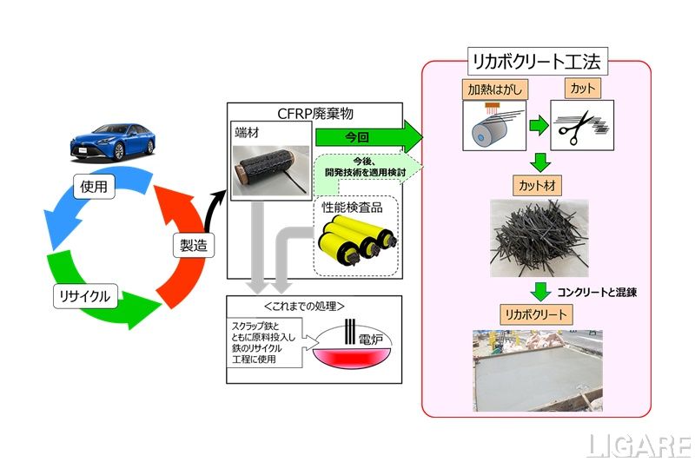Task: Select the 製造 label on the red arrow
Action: click(193, 246)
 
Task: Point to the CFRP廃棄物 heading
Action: click(314, 113)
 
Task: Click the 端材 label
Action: click(247, 133)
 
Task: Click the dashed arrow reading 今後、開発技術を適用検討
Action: click(367, 167)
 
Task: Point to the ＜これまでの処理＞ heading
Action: click(314, 306)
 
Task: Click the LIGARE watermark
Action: click(639, 445)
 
